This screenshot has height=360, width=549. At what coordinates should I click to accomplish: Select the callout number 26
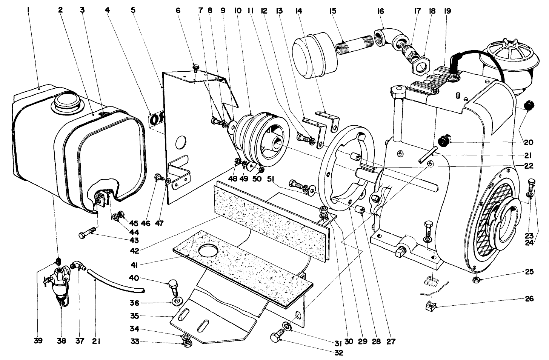[x=529, y=299]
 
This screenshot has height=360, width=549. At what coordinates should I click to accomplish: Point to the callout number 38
[x=61, y=341]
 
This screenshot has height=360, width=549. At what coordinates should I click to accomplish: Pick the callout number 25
[x=529, y=272]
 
